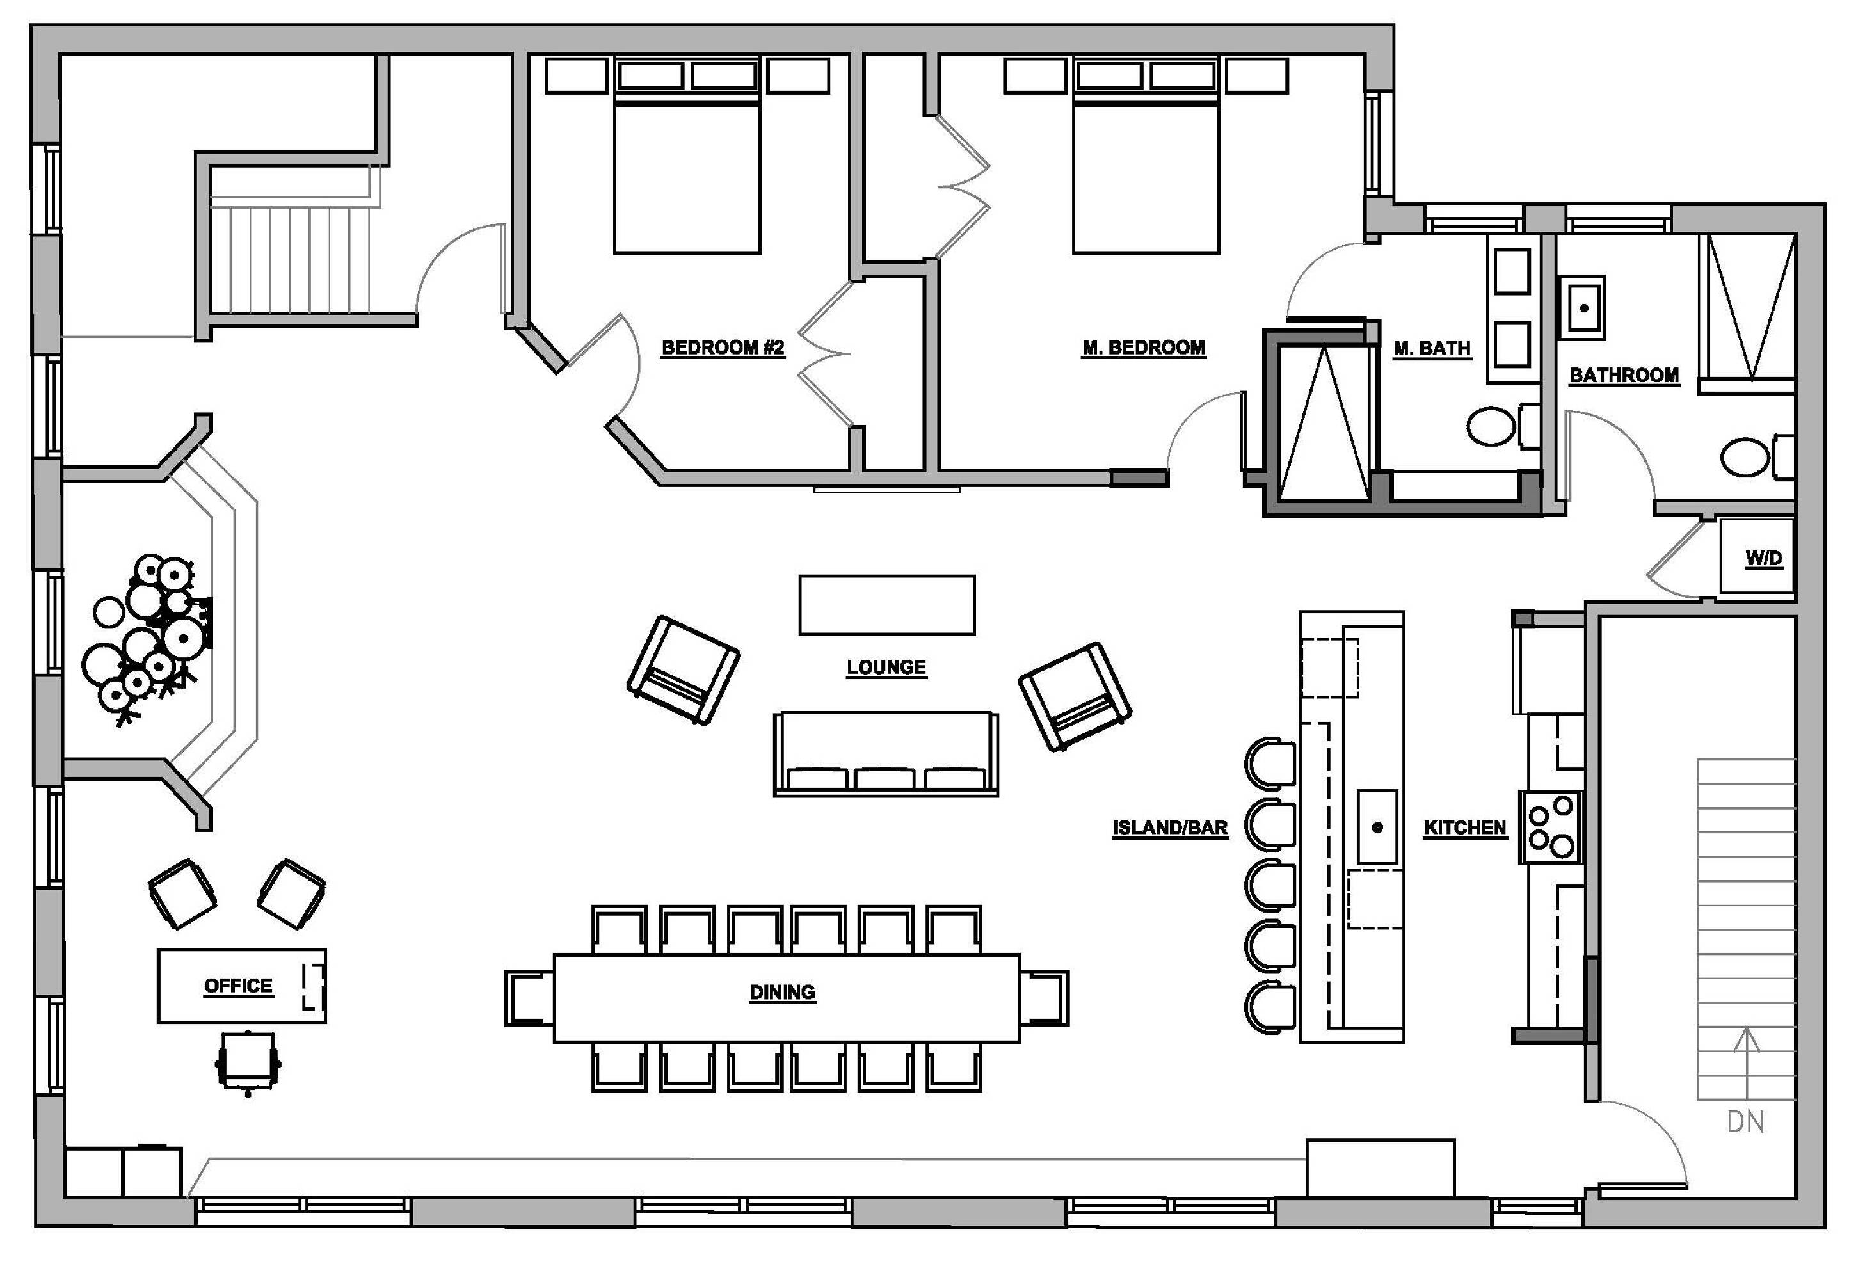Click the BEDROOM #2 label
(x=723, y=348)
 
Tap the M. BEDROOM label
(x=1144, y=348)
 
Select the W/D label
(x=1764, y=558)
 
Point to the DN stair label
(x=1745, y=1121)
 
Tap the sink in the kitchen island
(x=1377, y=827)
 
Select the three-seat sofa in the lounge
(x=886, y=754)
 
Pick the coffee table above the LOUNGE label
(x=887, y=605)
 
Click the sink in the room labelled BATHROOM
(x=1583, y=308)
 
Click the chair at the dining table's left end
(x=529, y=998)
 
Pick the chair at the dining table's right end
(x=1044, y=998)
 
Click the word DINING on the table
(x=783, y=993)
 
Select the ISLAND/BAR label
(x=1170, y=828)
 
